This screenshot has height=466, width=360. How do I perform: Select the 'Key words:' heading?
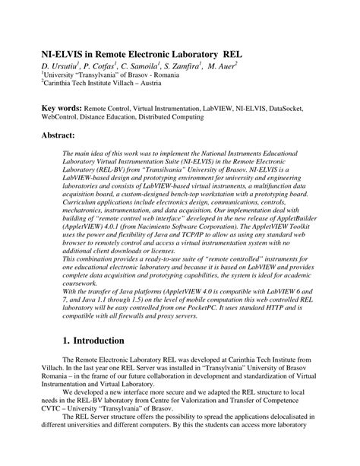(x=61, y=109)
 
